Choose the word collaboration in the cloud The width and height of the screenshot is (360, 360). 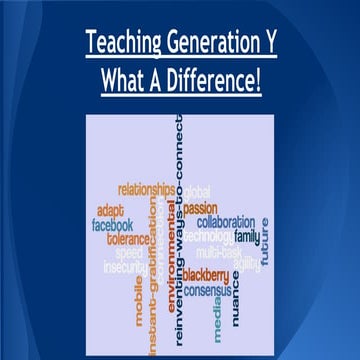pos(226,222)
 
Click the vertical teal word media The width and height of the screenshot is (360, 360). pos(218,316)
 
